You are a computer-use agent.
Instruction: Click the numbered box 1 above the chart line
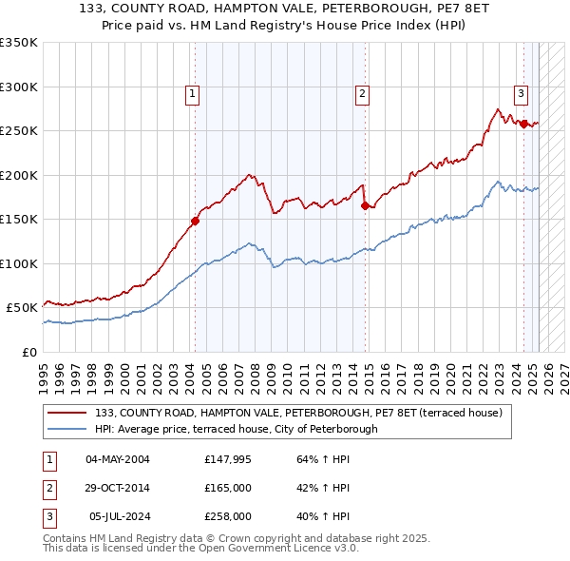[192, 93]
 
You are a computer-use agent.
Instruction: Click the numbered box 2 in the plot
[363, 93]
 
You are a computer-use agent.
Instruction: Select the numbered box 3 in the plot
[522, 93]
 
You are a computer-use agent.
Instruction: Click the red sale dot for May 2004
[195, 221]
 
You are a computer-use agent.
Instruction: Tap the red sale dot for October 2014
[366, 205]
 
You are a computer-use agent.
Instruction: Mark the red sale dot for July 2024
[523, 124]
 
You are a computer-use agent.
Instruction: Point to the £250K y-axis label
[19, 131]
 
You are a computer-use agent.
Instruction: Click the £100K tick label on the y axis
[19, 263]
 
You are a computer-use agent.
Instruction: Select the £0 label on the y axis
[29, 352]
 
